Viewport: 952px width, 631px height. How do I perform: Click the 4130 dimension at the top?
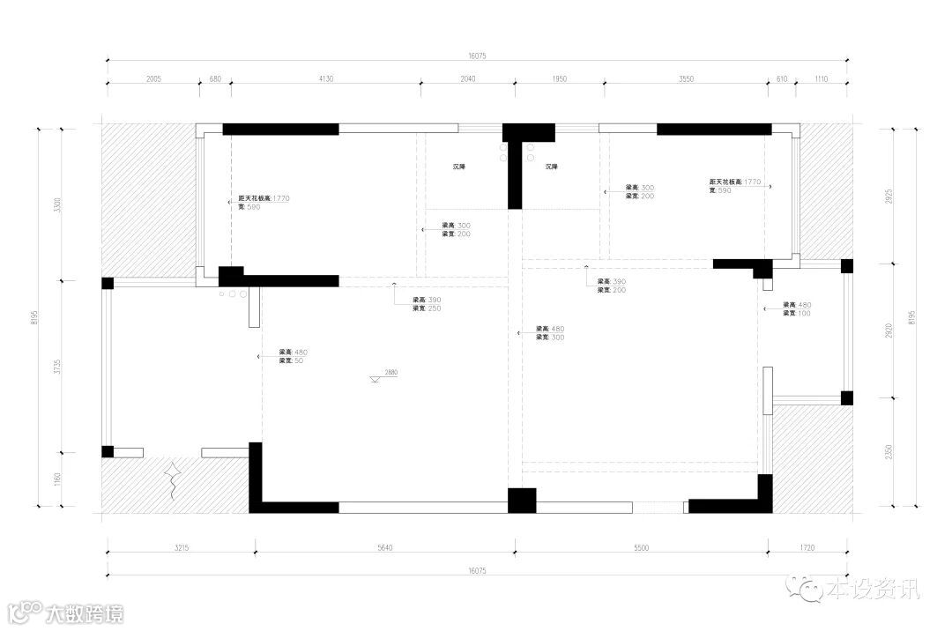point(325,79)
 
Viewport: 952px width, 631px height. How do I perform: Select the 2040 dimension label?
point(468,79)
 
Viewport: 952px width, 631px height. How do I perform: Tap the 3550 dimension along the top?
point(687,79)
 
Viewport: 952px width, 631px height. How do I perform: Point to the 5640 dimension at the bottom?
point(384,548)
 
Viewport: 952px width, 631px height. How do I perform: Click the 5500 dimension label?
point(641,548)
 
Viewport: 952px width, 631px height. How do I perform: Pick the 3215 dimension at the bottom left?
point(182,548)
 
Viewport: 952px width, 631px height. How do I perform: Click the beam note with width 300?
point(550,333)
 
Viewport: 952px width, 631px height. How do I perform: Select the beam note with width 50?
point(293,356)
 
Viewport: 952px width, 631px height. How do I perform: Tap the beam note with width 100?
point(797,309)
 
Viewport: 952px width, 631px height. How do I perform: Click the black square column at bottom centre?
point(522,500)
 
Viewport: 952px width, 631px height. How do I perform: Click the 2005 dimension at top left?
point(152,79)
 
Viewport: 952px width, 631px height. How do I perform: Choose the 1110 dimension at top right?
point(822,79)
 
